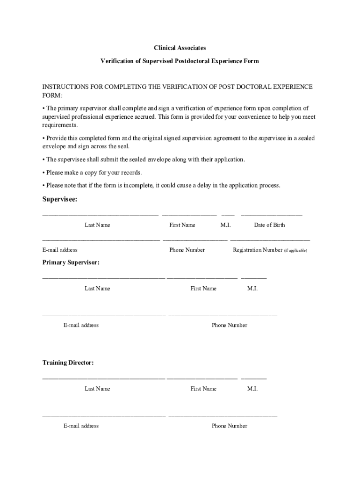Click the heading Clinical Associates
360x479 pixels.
tap(180, 48)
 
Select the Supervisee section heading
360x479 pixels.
tap(60, 199)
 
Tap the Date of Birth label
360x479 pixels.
tap(269, 225)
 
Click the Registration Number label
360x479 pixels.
tap(258, 250)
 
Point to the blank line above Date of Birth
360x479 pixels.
tap(271, 215)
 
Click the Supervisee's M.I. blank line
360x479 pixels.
tap(228, 215)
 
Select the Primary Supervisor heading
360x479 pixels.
tap(71, 262)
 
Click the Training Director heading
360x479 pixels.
tap(68, 363)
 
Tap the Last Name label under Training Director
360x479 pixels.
tap(97, 389)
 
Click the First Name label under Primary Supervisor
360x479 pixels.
tap(203, 289)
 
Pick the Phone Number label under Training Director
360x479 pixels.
tap(229, 426)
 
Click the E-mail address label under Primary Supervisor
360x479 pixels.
tap(81, 325)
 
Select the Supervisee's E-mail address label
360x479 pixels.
tap(60, 250)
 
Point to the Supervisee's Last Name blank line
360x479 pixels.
tap(100, 215)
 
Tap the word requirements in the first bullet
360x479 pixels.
tap(59, 125)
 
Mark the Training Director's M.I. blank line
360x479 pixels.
tap(253, 378)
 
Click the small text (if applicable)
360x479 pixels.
tap(295, 250)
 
